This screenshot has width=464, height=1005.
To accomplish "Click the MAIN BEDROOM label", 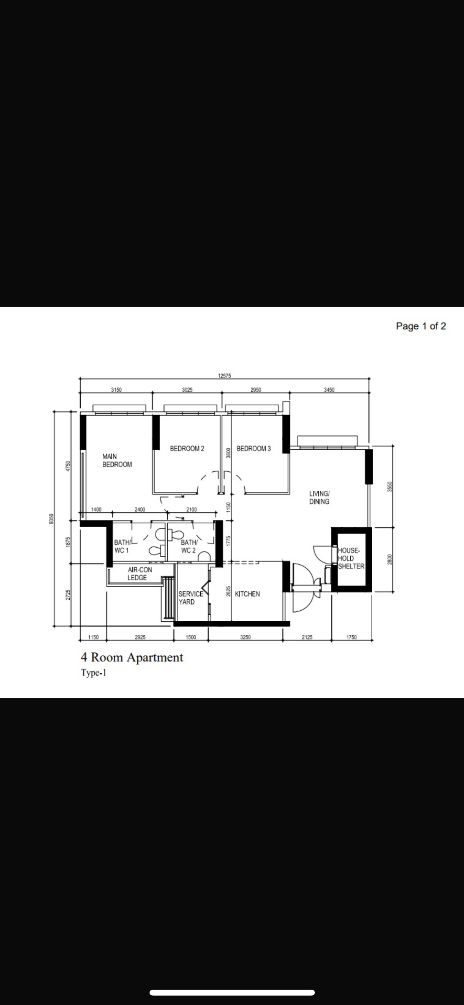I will [x=117, y=460].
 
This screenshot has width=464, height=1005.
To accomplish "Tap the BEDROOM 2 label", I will [x=187, y=449].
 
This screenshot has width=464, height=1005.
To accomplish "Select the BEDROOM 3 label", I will [x=253, y=449].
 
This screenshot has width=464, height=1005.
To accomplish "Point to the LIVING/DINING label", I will [x=319, y=497].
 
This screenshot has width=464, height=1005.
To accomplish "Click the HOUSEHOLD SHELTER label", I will [x=351, y=558].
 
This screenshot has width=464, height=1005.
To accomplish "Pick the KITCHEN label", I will [x=247, y=594].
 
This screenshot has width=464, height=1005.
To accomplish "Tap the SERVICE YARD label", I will [x=190, y=598].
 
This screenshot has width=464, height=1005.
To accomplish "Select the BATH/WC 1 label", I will [x=122, y=546].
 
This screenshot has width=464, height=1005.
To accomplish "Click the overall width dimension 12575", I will [x=224, y=376].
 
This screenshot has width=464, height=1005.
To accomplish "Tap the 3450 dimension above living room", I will [x=329, y=390].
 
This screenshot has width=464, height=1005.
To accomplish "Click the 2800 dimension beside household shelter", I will [x=390, y=560].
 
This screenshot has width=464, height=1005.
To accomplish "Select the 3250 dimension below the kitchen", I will [x=245, y=637].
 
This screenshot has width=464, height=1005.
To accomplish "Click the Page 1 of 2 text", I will [x=421, y=326].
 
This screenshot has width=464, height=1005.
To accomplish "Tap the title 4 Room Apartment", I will [x=132, y=657].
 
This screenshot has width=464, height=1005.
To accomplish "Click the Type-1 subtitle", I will [x=94, y=673].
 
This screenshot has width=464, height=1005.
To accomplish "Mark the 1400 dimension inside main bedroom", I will [x=96, y=510].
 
